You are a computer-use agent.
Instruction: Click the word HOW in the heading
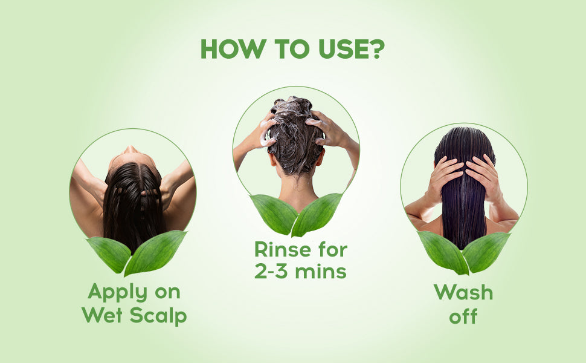(x=233, y=49)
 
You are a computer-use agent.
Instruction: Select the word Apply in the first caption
(x=118, y=292)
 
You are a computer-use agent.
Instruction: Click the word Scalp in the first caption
(x=158, y=315)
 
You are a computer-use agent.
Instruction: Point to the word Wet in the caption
(x=102, y=315)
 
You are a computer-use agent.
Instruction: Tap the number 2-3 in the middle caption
(x=272, y=271)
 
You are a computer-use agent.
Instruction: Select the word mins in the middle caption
(x=321, y=270)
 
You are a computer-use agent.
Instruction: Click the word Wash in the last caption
(x=463, y=292)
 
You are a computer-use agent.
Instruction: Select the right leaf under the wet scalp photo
(x=155, y=253)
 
